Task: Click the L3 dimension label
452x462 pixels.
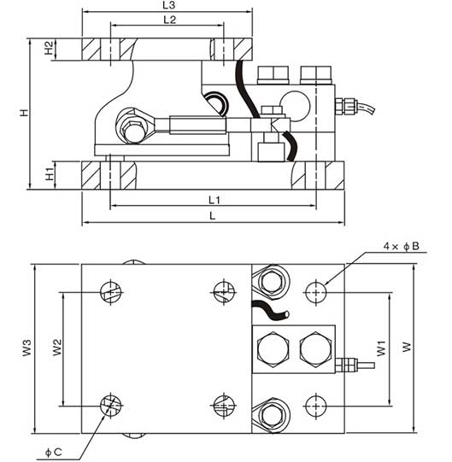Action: [x=169, y=5]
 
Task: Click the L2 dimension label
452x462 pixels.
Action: [x=170, y=20]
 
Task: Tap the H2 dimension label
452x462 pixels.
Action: [x=50, y=48]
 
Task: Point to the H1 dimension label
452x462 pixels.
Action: [x=50, y=174]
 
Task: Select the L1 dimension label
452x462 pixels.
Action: [x=214, y=201]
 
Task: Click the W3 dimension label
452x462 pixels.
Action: [x=26, y=348]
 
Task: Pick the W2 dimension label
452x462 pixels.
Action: [x=57, y=348]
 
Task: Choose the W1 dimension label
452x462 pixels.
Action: [x=381, y=348]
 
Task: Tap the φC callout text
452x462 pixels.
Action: [x=53, y=452]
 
